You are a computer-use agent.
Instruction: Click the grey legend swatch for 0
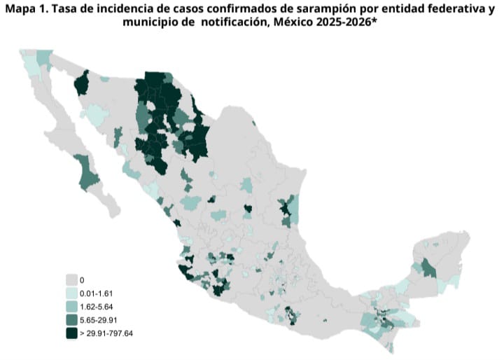71,279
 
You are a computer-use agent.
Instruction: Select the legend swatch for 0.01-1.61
71,293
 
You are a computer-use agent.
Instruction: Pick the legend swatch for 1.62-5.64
71,306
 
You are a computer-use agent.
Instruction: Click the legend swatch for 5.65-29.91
71,319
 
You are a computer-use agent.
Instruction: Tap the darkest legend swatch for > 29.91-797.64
71,333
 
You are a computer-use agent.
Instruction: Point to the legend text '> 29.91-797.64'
106,333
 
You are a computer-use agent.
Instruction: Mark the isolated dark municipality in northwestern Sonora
81,84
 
